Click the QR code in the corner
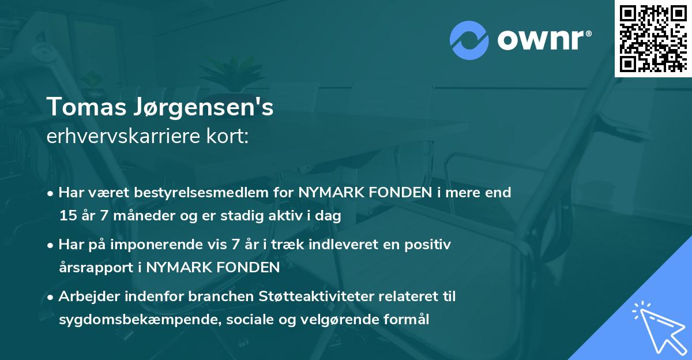tap(653, 38)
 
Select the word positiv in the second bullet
tap(429, 245)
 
